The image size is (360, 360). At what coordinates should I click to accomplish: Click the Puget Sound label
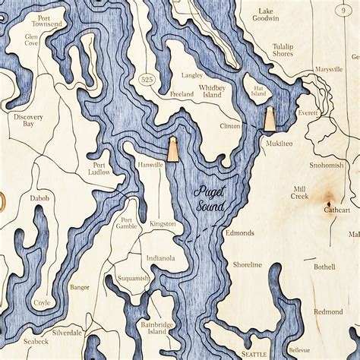tap(209, 200)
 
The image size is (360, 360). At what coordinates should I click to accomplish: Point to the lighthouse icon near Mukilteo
tap(269, 118)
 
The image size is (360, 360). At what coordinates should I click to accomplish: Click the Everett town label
tap(308, 112)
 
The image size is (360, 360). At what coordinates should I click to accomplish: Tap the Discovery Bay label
tap(27, 122)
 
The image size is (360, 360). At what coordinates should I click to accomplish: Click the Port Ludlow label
tap(100, 168)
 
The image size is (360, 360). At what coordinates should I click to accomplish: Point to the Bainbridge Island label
tap(157, 328)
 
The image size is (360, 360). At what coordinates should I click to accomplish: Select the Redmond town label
tap(328, 311)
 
